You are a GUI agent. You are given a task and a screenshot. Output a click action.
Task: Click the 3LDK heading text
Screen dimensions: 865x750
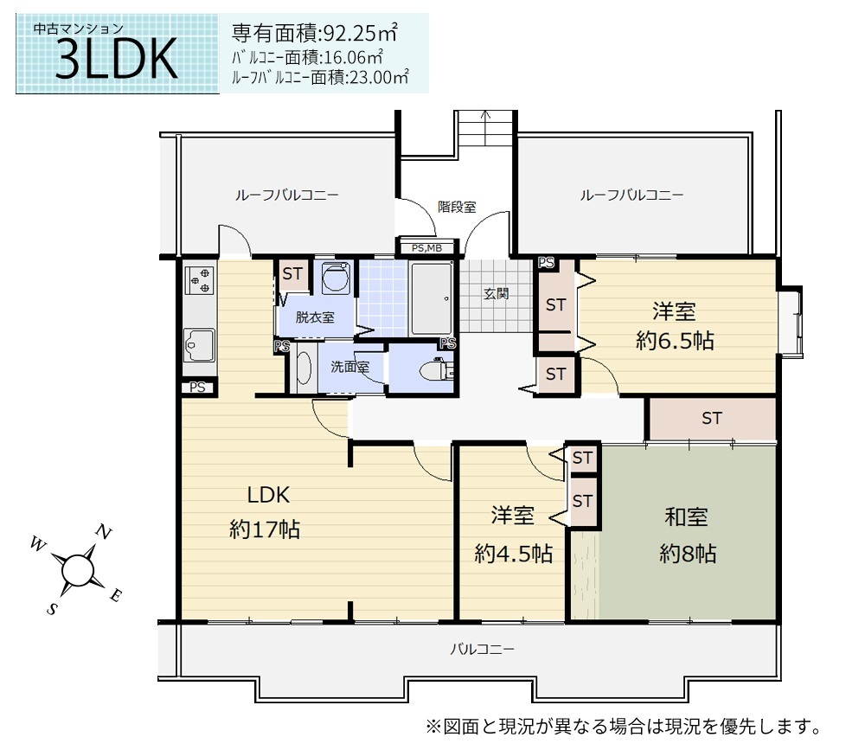(x=117, y=59)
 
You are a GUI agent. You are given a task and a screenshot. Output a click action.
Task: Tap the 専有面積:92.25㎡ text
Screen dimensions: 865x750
(x=315, y=33)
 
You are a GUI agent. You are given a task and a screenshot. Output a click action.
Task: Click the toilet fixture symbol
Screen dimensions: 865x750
(x=436, y=370)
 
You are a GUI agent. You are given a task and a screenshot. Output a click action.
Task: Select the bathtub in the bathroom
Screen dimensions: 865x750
(x=432, y=298)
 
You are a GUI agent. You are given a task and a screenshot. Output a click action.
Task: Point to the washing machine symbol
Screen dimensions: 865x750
(x=336, y=279)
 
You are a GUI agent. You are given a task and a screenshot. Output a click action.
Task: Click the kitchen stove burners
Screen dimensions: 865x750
(x=200, y=280)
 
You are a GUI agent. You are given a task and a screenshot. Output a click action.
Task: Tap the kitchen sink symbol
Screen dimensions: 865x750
(x=199, y=345)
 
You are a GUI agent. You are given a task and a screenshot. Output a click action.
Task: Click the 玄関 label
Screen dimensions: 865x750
(x=496, y=293)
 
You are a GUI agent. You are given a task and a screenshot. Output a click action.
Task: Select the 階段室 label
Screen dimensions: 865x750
(x=457, y=207)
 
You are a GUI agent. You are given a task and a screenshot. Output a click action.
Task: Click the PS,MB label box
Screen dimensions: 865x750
(x=427, y=248)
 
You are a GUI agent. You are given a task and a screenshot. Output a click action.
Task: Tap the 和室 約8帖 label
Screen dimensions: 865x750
(x=688, y=535)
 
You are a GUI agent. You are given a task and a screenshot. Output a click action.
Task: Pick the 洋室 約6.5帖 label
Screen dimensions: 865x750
(x=675, y=326)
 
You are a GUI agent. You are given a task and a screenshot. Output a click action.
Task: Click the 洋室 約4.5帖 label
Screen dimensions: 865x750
(x=513, y=535)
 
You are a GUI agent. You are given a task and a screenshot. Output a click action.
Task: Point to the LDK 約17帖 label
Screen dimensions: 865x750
(x=266, y=512)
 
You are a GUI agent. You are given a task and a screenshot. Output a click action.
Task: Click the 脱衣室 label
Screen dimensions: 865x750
(x=315, y=317)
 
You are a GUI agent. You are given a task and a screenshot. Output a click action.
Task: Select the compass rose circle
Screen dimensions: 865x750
(x=77, y=570)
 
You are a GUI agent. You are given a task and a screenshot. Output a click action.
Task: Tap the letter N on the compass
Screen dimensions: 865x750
(x=104, y=532)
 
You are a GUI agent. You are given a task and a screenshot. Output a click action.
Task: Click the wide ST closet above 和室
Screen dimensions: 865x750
(x=712, y=419)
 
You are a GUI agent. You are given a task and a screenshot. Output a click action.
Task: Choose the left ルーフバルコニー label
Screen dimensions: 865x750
(x=287, y=195)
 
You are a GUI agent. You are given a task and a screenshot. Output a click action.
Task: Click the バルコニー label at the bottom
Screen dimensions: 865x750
(x=482, y=649)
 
